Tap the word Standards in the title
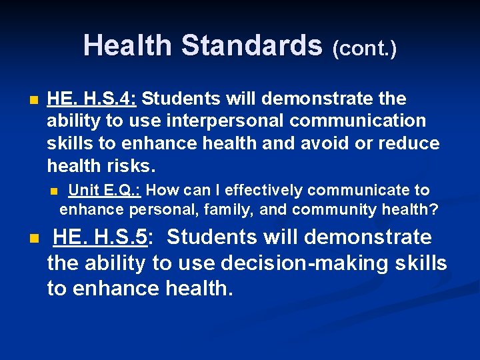[x=251, y=46]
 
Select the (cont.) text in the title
[x=364, y=48]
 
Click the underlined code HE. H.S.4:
[x=92, y=99]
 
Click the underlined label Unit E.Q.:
[x=105, y=191]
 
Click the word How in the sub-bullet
[x=161, y=191]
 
